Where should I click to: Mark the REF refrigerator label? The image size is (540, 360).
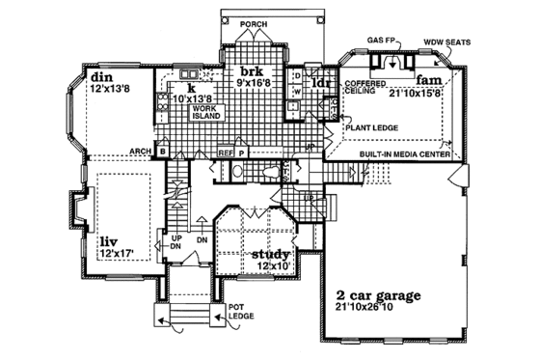(x=225, y=152)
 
